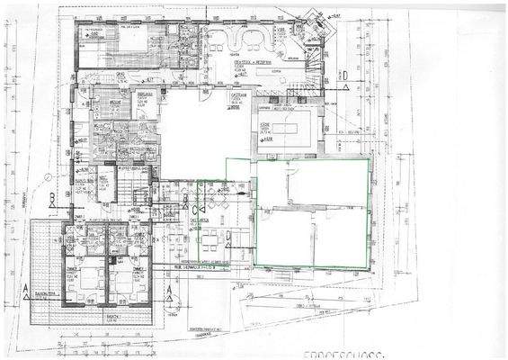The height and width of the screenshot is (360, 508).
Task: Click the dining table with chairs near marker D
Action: pyautogui.click(x=209, y=239)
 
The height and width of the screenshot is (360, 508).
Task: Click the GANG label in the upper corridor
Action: pyautogui.click(x=120, y=76)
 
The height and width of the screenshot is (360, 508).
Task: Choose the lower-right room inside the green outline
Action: pyautogui.click(x=340, y=238)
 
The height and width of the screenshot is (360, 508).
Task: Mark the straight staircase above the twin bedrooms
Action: pyautogui.click(x=138, y=198)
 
